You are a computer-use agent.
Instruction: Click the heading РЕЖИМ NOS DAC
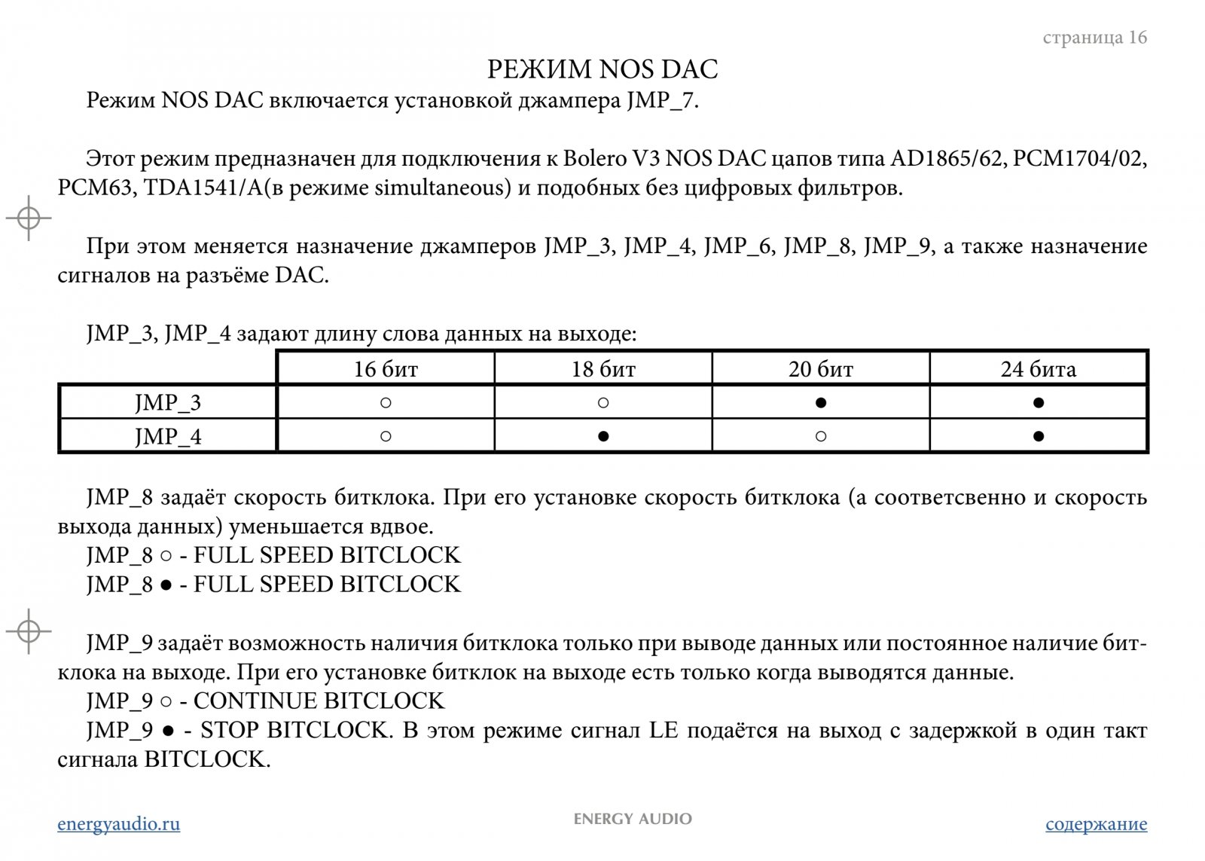602,69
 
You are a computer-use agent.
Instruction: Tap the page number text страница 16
1094,38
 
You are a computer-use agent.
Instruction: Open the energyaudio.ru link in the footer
119,823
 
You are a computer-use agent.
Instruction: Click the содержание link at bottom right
1096,823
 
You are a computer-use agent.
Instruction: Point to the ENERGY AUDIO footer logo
633,819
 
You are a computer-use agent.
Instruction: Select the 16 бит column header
386,369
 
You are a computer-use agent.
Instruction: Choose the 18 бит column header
603,369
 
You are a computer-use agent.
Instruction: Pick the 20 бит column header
821,369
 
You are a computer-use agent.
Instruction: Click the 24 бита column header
1038,369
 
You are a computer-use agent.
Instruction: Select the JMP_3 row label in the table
168,403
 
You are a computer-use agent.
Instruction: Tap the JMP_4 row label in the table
168,437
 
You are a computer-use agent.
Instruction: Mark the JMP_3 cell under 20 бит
821,403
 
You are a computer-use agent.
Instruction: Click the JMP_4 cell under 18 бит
603,436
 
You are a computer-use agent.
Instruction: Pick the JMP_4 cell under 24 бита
1039,436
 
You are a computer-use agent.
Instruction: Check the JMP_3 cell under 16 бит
386,403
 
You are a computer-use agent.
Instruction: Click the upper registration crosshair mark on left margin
29,218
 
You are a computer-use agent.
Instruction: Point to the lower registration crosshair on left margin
29,630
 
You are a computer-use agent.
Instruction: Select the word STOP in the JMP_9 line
230,731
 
